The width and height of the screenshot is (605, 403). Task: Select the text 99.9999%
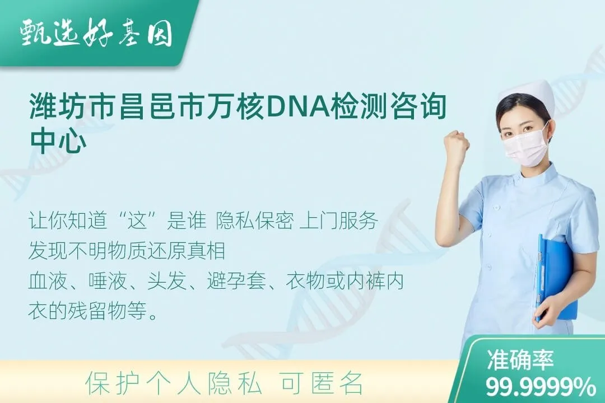point(540,387)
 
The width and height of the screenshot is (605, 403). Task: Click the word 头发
point(167,282)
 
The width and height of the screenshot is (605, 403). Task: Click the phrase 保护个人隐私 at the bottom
point(174,383)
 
